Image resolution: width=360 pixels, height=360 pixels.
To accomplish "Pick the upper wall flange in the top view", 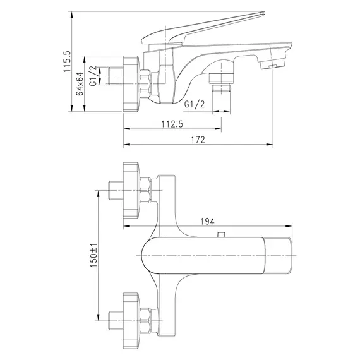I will coord(131,188).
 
